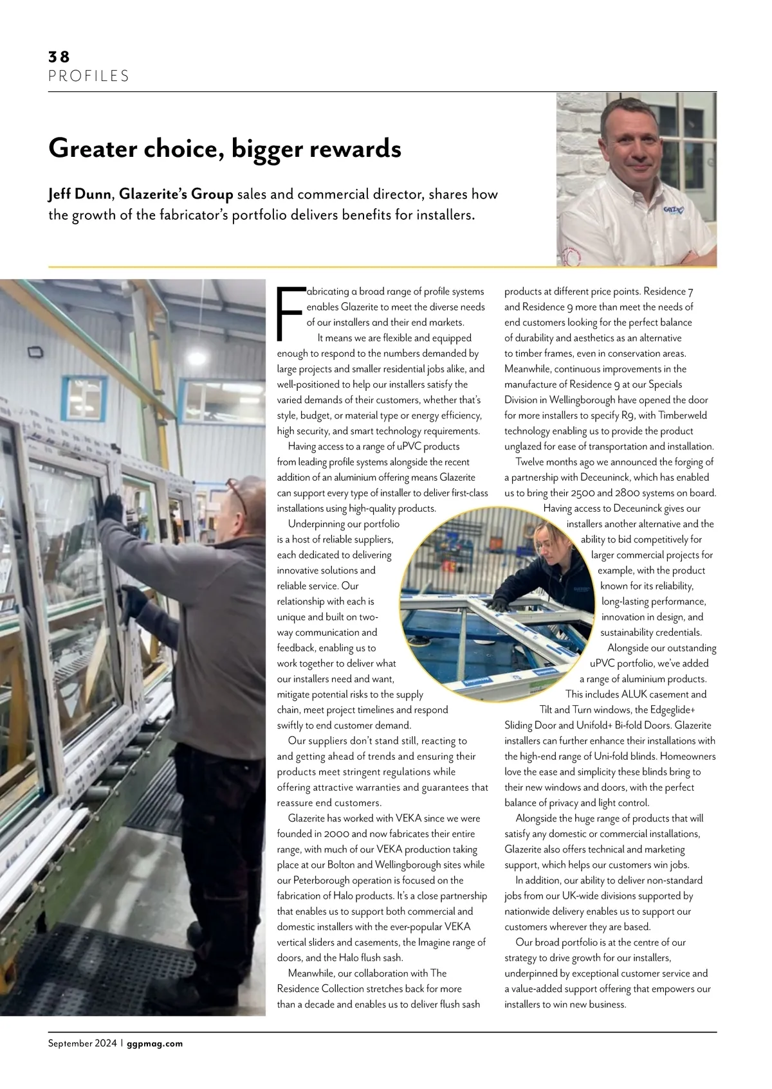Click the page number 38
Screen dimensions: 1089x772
tap(59, 57)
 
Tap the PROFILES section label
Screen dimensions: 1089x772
tap(89, 76)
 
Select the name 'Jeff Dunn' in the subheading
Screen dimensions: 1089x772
tap(80, 195)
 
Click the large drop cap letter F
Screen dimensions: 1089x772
tap(289, 314)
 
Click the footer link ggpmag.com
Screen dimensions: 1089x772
tap(154, 1043)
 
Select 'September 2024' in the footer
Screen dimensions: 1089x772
tap(82, 1043)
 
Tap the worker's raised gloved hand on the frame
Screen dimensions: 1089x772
tap(113, 507)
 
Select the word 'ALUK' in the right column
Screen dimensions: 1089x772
tap(638, 694)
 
